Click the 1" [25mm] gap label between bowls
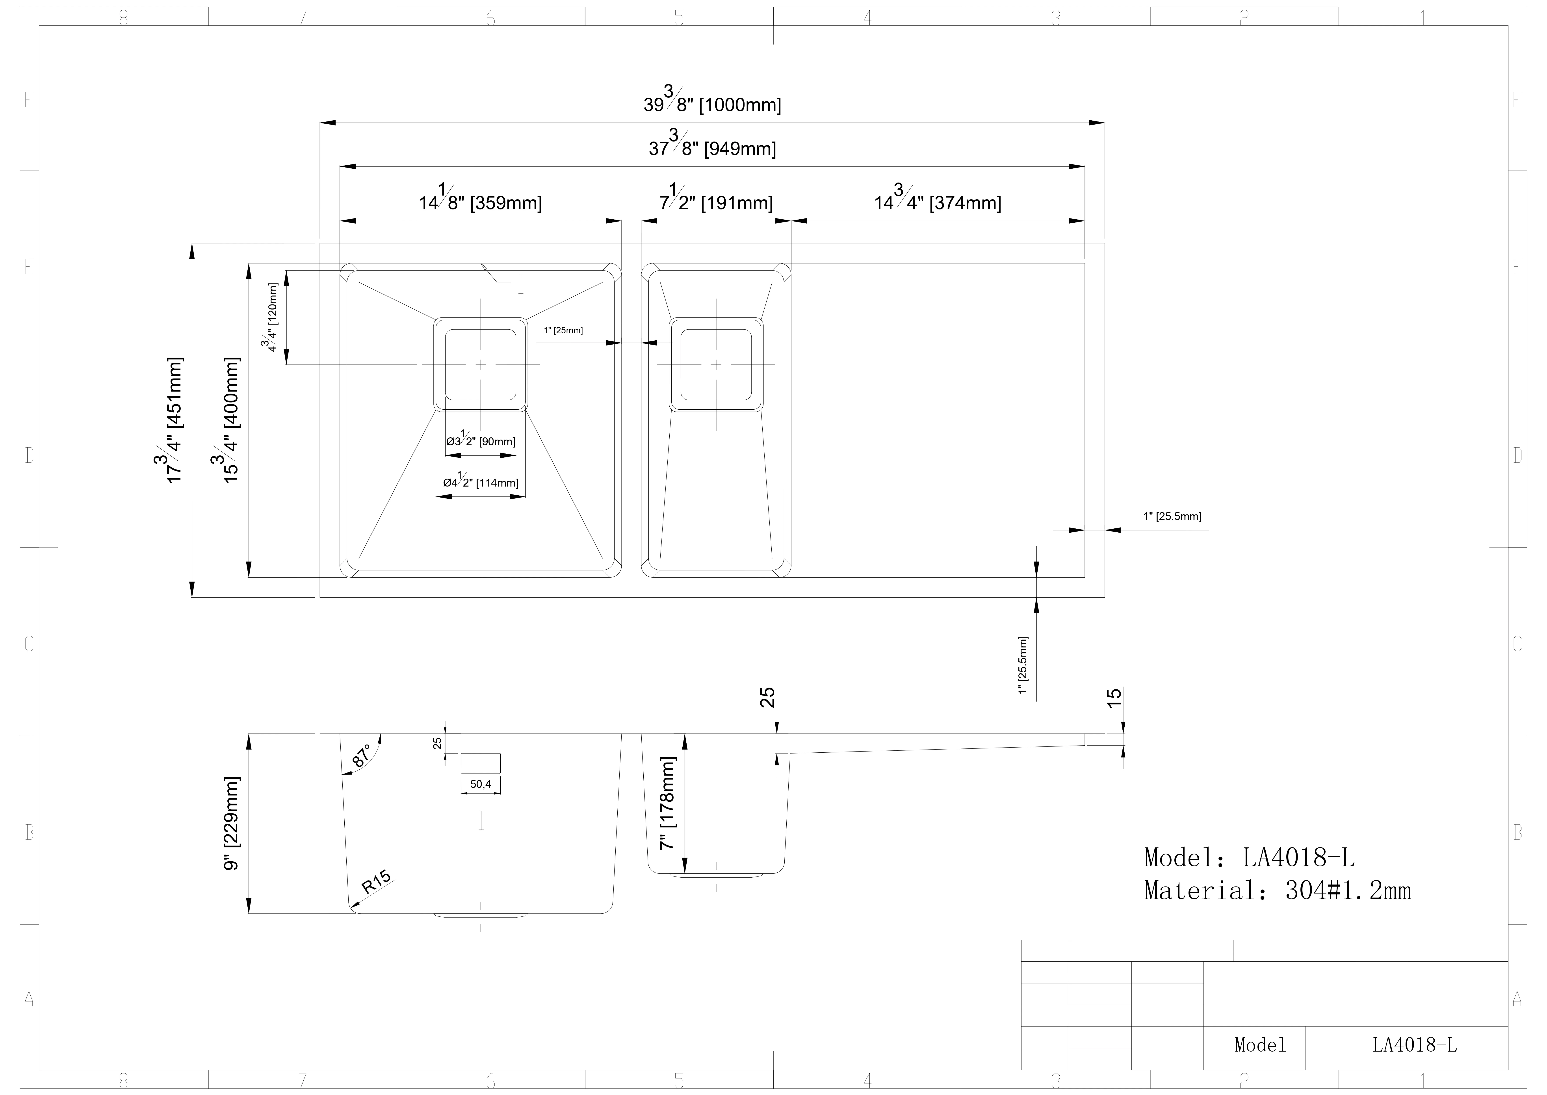tap(563, 330)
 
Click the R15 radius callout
tap(376, 882)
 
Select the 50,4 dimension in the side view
tap(480, 784)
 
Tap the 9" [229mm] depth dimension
tap(231, 823)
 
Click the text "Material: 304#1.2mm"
tap(1277, 891)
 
